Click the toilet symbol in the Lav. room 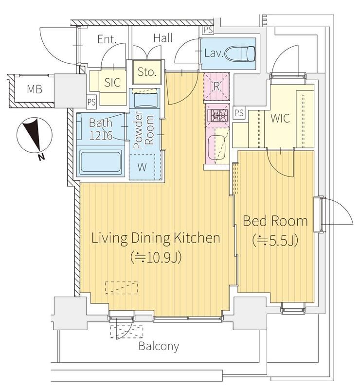click(x=240, y=53)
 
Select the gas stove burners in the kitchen click(x=218, y=115)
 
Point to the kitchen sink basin click(x=216, y=148)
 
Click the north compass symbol click(x=34, y=137)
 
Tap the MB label click(x=35, y=89)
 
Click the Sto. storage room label click(x=147, y=72)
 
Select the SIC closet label click(x=112, y=82)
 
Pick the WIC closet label click(x=280, y=118)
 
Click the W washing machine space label click(x=142, y=167)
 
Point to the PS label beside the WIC click(x=239, y=113)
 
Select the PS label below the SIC click(x=91, y=102)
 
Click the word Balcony click(x=159, y=346)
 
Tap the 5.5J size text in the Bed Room click(x=275, y=240)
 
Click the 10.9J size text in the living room click(x=156, y=258)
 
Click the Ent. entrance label click(x=107, y=39)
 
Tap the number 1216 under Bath click(x=101, y=136)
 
